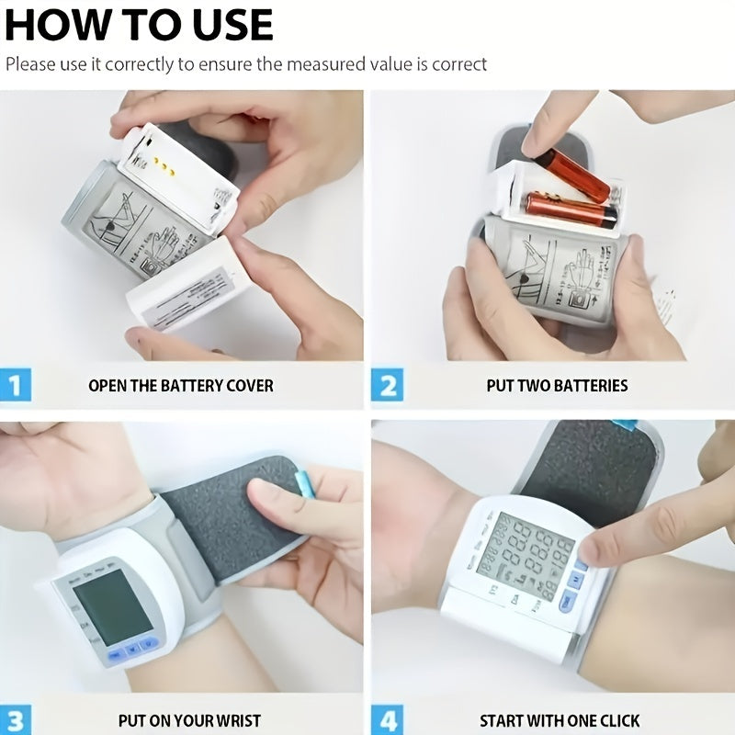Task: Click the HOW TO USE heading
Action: point(139,25)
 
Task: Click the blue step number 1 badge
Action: point(15,385)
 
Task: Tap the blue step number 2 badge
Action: point(387,385)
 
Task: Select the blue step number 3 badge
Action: point(15,719)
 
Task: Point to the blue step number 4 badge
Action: point(387,719)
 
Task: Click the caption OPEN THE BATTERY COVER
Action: point(181,385)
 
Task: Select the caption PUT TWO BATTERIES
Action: point(557,385)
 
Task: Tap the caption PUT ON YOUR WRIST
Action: point(189,720)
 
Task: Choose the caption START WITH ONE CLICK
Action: point(560,720)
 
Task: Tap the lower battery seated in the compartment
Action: point(570,209)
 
